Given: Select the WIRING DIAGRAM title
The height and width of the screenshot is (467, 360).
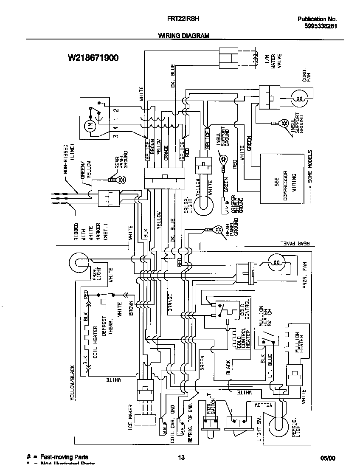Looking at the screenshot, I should tap(184, 36).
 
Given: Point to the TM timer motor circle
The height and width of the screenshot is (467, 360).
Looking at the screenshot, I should tap(89, 126).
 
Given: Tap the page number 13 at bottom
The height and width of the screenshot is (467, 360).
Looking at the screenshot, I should tap(181, 457).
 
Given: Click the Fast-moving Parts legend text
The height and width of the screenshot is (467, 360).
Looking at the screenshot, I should tap(64, 457).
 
